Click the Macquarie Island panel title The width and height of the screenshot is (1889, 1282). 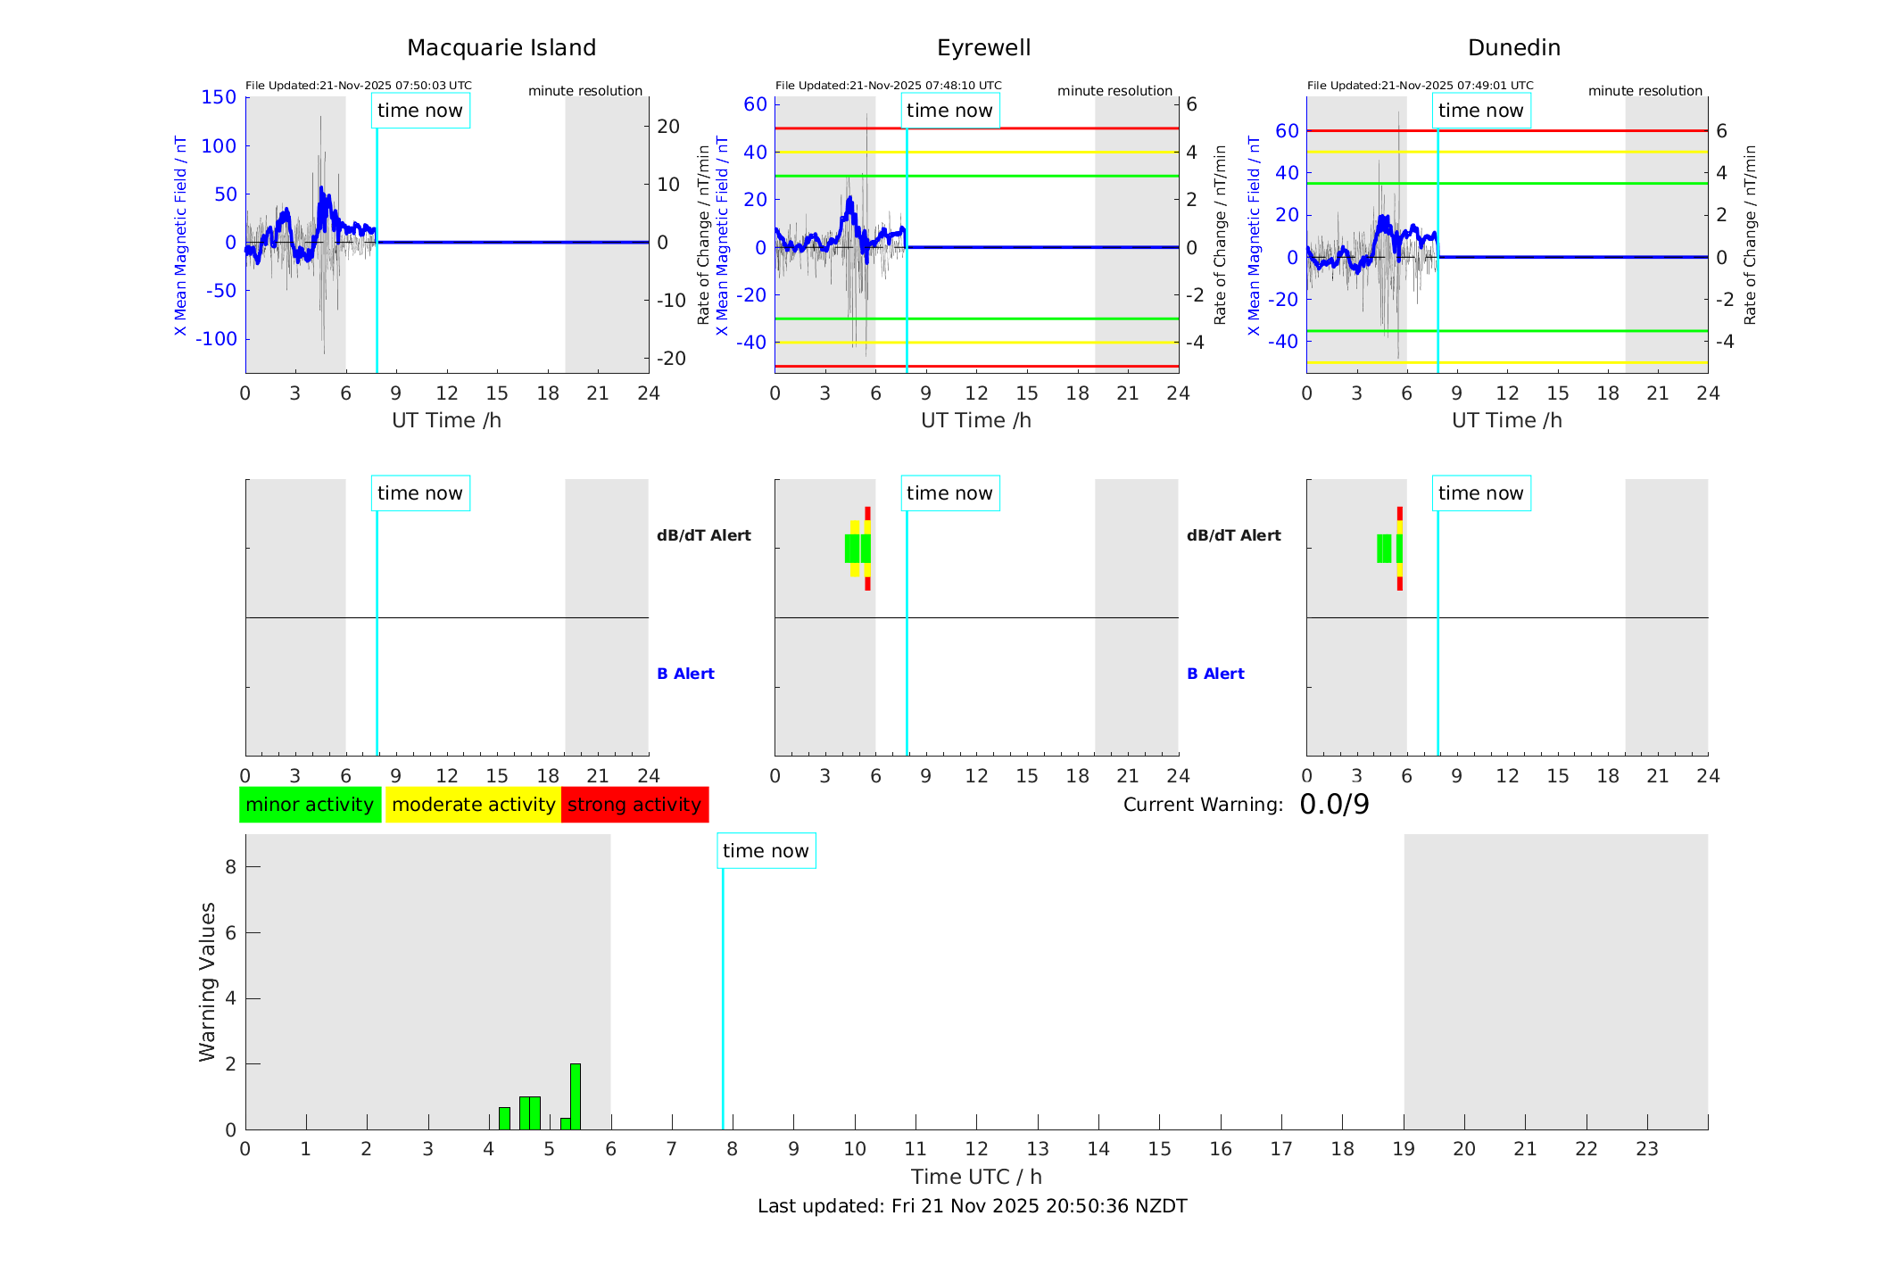(x=501, y=48)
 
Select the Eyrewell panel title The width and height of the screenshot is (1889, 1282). (x=983, y=48)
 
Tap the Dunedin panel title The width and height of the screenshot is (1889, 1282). (x=1513, y=48)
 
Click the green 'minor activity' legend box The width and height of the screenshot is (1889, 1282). (x=310, y=805)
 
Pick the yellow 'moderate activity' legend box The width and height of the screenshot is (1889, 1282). (x=473, y=805)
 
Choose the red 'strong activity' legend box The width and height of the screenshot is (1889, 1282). (x=634, y=805)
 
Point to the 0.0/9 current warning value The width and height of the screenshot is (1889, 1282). (x=1334, y=805)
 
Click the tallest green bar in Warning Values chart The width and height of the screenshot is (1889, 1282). (x=576, y=1096)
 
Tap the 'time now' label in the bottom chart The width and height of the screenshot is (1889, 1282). (x=766, y=851)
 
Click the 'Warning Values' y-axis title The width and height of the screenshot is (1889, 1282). (x=208, y=981)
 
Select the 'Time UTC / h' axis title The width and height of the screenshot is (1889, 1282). (x=976, y=1177)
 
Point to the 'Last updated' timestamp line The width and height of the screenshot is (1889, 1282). (x=972, y=1206)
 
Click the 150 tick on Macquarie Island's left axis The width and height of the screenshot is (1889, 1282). (x=219, y=97)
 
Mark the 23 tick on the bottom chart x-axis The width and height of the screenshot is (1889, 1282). (x=1646, y=1149)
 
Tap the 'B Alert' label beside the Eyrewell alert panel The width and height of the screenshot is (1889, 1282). (x=1215, y=674)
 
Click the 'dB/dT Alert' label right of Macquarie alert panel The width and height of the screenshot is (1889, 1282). (x=703, y=535)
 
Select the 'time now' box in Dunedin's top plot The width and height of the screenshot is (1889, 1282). (x=1480, y=111)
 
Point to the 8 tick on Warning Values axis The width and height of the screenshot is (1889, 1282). (x=230, y=866)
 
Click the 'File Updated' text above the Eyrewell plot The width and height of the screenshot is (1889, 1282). (x=888, y=86)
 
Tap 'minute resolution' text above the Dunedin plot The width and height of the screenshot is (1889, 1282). (x=1645, y=91)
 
